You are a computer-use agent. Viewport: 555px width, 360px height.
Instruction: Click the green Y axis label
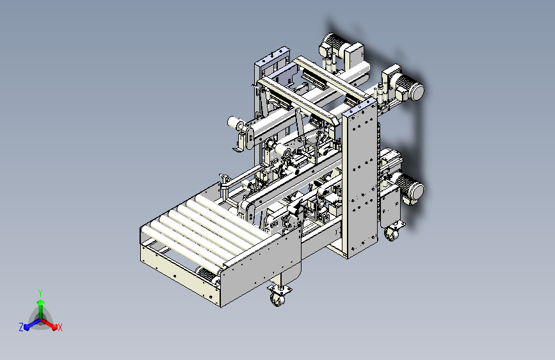pos(40,293)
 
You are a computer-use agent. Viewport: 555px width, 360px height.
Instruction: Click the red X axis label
pos(60,328)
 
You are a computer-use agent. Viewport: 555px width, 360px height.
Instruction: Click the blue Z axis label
pos(21,327)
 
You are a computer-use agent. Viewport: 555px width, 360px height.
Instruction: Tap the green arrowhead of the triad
pos(41,302)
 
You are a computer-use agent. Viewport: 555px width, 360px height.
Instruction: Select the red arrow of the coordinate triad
pos(49,324)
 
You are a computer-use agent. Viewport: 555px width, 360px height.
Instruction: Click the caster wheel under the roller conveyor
pos(278,300)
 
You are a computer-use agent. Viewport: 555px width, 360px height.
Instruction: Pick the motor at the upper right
pos(409,87)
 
